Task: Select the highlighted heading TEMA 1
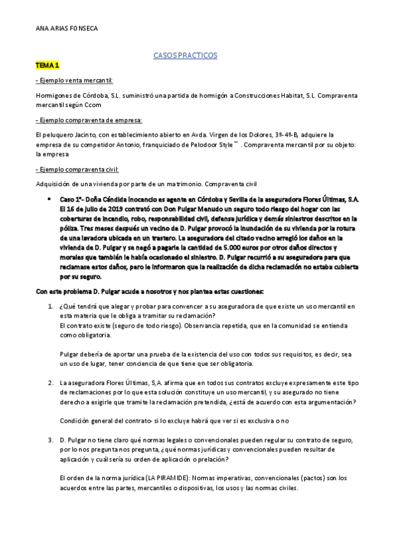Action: (47, 66)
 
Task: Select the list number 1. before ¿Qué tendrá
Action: (51, 306)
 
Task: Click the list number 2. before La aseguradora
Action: (51, 382)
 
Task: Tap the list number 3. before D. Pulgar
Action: (51, 439)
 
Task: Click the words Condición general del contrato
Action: (104, 421)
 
